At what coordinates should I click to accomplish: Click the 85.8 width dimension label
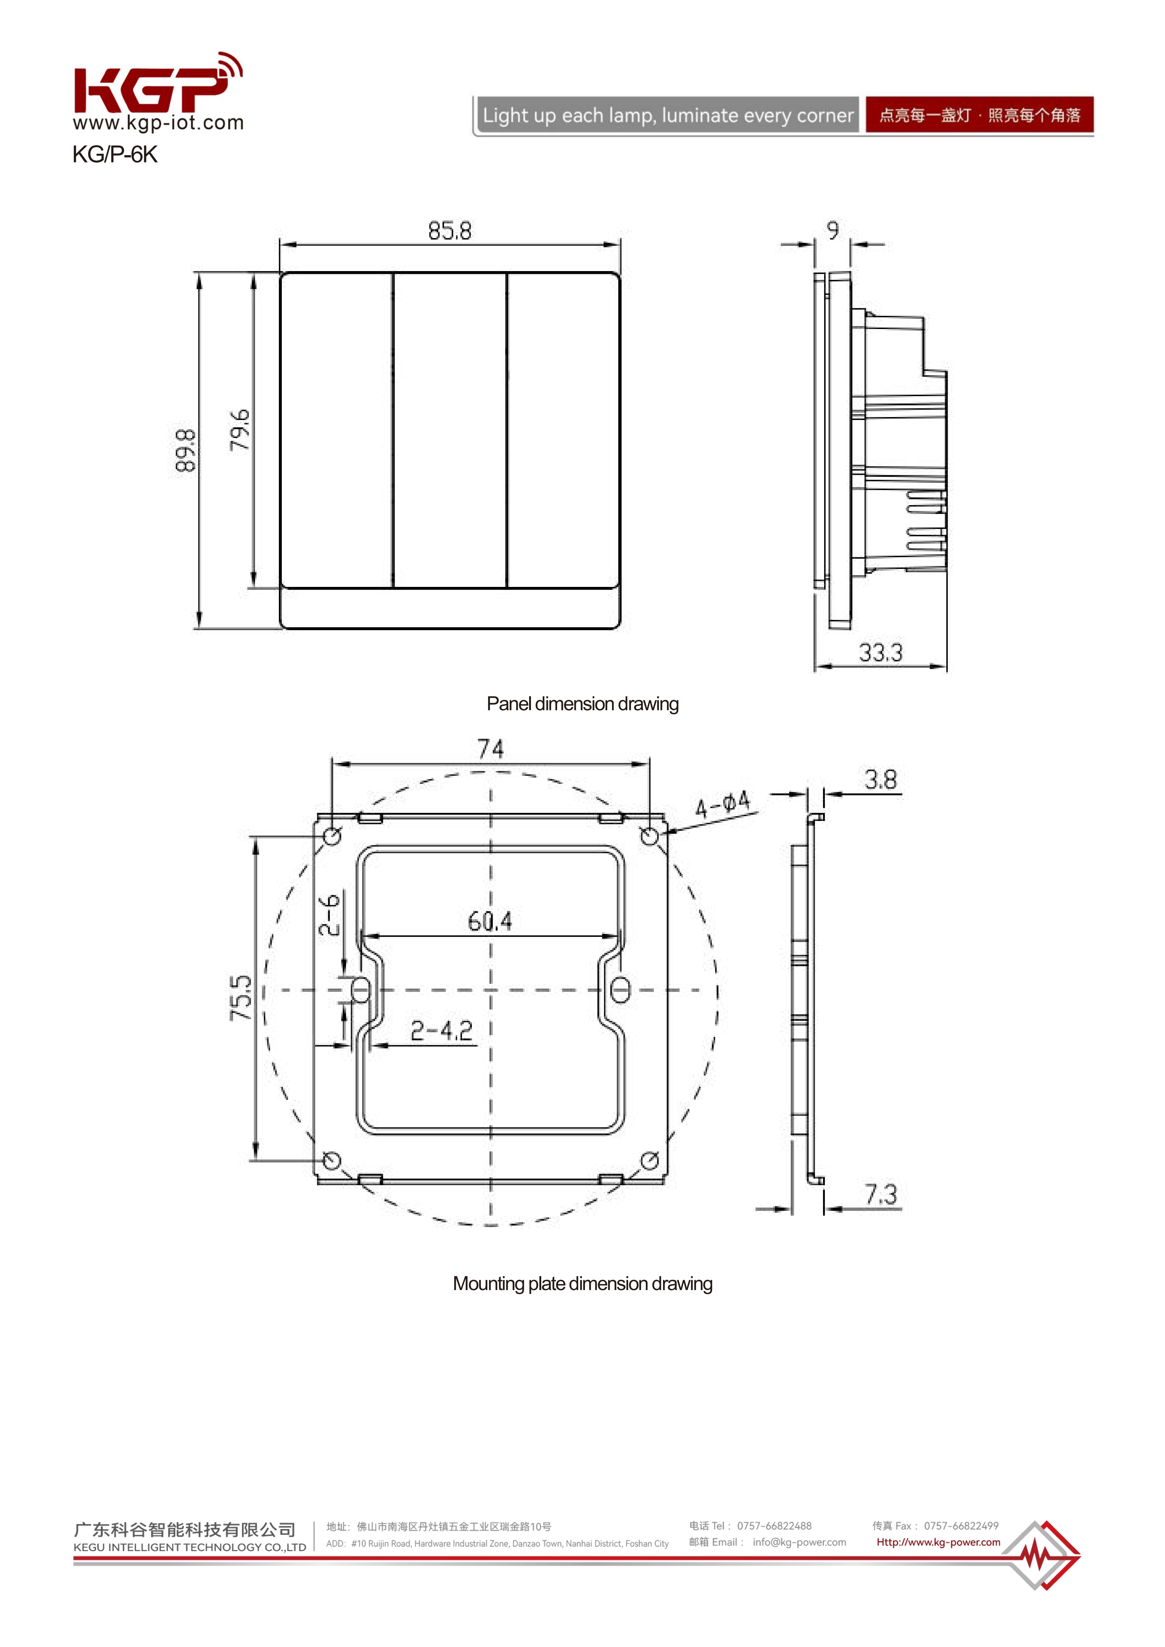pos(450,231)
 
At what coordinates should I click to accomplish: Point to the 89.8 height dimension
pos(185,450)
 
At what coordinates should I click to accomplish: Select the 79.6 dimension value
pos(240,430)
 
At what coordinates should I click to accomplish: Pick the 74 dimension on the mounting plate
pos(491,749)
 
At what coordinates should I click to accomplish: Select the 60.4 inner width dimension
pos(490,921)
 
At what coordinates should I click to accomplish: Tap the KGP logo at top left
pos(154,86)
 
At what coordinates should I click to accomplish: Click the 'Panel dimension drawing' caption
pos(583,704)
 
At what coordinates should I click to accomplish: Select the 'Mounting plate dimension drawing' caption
pos(583,1284)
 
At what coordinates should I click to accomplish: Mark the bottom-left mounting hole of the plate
pos(332,1160)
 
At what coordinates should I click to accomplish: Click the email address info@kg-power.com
pos(799,1542)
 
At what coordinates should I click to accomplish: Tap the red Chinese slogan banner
pos(979,115)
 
